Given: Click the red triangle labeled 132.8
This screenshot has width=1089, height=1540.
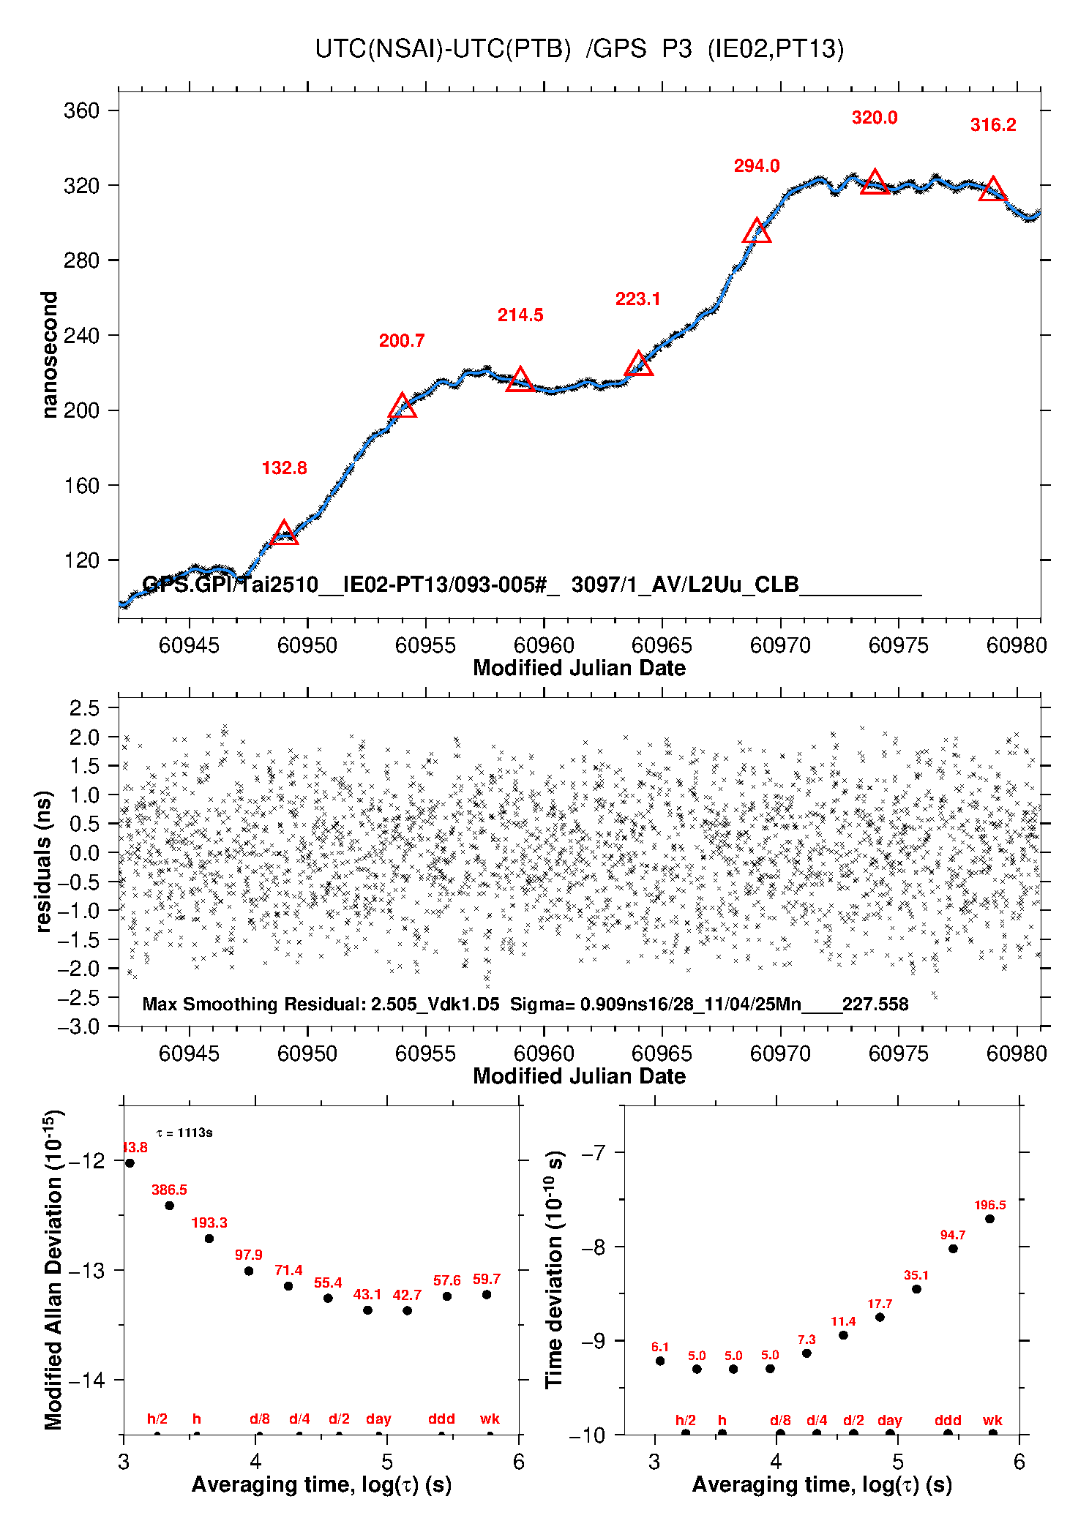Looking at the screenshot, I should [x=284, y=534].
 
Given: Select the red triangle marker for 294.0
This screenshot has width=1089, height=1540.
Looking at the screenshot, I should [x=757, y=231].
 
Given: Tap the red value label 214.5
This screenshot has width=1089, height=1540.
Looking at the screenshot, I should [x=520, y=315].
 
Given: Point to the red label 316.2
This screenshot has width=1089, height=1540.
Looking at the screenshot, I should [x=993, y=125].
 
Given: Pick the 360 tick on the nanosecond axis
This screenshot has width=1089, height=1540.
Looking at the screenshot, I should [x=81, y=110].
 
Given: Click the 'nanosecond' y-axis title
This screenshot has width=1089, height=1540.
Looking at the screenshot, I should [x=49, y=355].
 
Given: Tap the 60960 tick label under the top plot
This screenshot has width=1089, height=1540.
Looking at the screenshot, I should [x=544, y=645].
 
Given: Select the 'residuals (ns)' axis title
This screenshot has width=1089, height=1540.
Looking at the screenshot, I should [x=44, y=861].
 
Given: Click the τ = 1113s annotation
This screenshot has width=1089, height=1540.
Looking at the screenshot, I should [x=184, y=1133].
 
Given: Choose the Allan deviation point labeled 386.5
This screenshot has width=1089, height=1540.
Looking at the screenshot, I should [x=169, y=1206].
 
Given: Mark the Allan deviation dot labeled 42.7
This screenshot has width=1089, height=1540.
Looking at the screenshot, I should [x=407, y=1310].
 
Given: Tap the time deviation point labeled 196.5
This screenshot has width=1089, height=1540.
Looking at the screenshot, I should [x=989, y=1219].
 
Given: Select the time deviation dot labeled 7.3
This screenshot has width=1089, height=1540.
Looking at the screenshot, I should [x=807, y=1353].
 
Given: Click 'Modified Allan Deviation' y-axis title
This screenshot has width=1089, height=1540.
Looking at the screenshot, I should [x=53, y=1269].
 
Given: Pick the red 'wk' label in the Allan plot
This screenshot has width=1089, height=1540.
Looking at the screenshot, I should [x=490, y=1419].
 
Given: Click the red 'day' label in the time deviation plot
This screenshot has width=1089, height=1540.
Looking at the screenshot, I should [x=890, y=1420].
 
